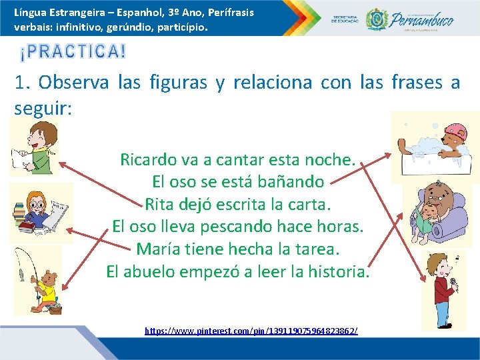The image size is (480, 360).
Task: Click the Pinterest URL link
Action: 251,331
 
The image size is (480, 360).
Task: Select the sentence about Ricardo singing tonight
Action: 237,160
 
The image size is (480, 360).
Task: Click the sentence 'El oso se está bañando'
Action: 238,181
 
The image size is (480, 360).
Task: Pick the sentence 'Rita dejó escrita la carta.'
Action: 237,203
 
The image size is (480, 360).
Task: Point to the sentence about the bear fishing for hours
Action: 238,226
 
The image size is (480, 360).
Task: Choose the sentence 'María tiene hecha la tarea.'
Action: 238,249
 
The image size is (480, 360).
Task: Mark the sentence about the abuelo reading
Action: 237,271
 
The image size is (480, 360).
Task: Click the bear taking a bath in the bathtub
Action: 436,148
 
